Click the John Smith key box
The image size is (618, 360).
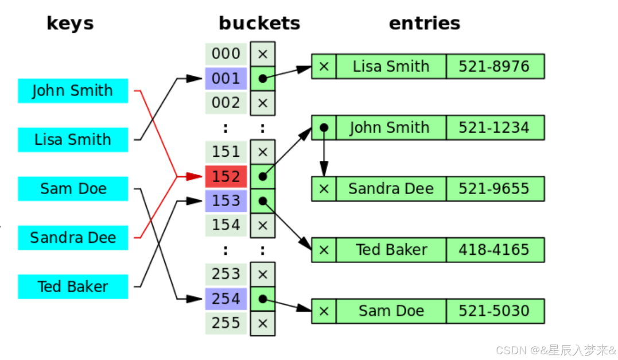pyautogui.click(x=73, y=91)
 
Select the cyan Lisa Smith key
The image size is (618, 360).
pyautogui.click(x=73, y=140)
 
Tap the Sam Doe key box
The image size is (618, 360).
pyautogui.click(x=73, y=189)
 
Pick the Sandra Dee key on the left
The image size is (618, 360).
pyautogui.click(x=73, y=238)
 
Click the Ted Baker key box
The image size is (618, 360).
pyautogui.click(x=73, y=287)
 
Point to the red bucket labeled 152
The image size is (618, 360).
pyautogui.click(x=226, y=176)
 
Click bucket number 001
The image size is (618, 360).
pyautogui.click(x=226, y=78)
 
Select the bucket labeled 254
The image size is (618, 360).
pyautogui.click(x=226, y=299)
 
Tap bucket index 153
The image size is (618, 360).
pyautogui.click(x=226, y=200)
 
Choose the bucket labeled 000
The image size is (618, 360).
pyautogui.click(x=226, y=54)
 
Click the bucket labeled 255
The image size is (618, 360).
pyautogui.click(x=226, y=323)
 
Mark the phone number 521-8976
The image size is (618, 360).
pyautogui.click(x=494, y=67)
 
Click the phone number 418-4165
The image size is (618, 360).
pyautogui.click(x=494, y=250)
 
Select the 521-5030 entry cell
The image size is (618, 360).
pyautogui.click(x=494, y=311)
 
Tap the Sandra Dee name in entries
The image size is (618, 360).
pyautogui.click(x=391, y=189)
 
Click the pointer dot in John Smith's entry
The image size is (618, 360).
pyautogui.click(x=324, y=127)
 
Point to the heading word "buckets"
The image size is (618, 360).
pyautogui.click(x=259, y=24)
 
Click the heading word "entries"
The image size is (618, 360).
pyautogui.click(x=425, y=24)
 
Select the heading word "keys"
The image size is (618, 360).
pyautogui.click(x=70, y=24)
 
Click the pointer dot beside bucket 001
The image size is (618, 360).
pyautogui.click(x=263, y=79)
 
